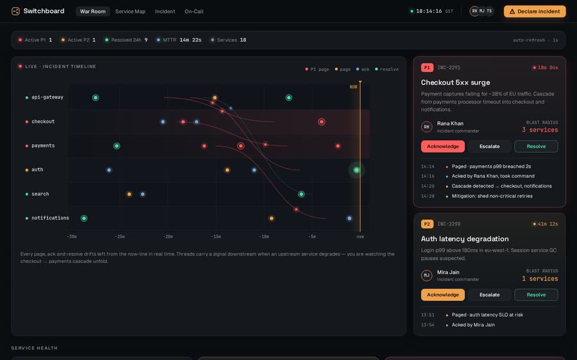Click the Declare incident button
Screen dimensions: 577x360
click(535, 12)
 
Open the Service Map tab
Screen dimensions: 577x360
click(130, 12)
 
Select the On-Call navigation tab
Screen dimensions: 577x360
click(194, 12)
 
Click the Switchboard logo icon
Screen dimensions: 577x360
click(15, 11)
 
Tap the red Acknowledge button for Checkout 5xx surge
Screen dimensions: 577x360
click(442, 146)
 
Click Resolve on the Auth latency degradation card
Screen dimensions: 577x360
click(536, 295)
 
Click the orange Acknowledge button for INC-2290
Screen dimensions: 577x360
click(442, 295)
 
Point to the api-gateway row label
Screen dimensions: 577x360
click(47, 97)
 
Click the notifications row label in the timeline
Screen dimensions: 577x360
click(50, 218)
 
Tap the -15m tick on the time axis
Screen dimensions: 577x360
click(216, 236)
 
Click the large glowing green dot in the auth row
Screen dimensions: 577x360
click(356, 170)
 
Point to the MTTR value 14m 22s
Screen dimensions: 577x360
click(190, 40)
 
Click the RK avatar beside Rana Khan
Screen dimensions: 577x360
click(426, 127)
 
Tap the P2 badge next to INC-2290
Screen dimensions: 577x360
click(427, 224)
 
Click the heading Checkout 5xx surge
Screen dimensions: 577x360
click(455, 83)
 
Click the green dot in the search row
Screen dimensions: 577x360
click(301, 194)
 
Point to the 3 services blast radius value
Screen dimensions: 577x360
click(540, 130)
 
